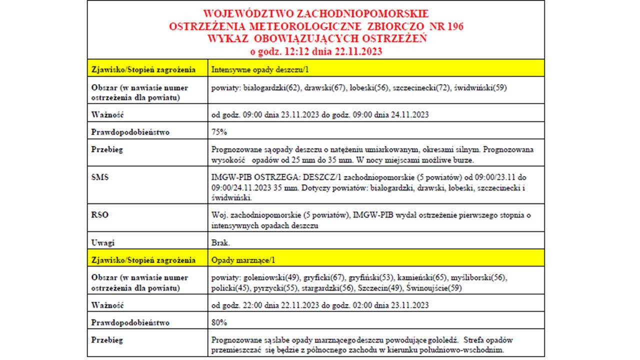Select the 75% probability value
click(219, 132)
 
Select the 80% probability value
click(219, 322)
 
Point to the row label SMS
click(100, 177)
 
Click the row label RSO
click(100, 215)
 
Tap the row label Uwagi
click(103, 242)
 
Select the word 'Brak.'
click(221, 242)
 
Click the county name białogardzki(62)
click(272, 87)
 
